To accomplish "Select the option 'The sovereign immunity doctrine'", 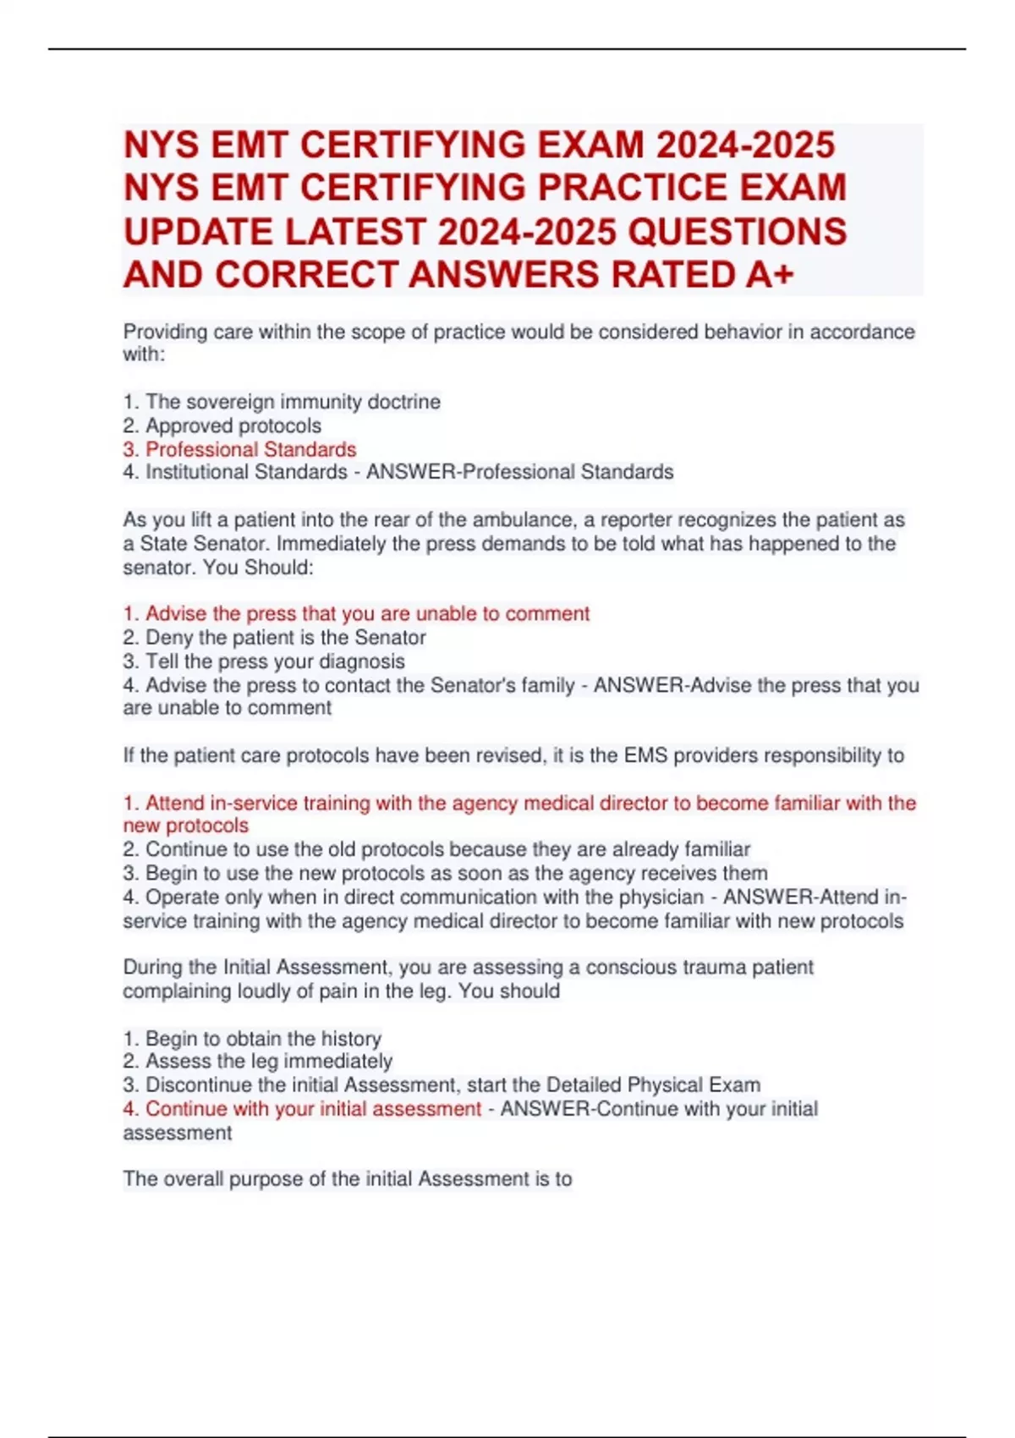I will pos(292,402).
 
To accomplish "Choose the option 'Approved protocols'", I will pos(233,425).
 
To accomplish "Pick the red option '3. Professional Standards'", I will pos(239,449).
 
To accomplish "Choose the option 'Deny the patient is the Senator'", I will pos(285,637).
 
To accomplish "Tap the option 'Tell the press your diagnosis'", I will pos(274,661).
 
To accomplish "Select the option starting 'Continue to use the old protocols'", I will pos(447,849).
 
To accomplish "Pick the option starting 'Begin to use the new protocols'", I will pos(456,873).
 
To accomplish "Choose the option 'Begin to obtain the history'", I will pos(262,1038).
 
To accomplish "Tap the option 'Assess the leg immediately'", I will pos(268,1061).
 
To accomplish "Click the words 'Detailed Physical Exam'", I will pos(653,1084).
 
